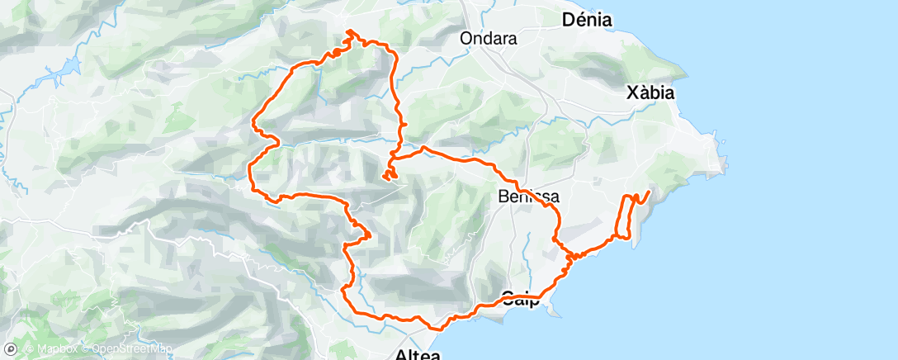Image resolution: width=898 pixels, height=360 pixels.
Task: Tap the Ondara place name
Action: [x=488, y=39]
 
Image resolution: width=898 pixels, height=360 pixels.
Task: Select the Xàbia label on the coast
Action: [x=650, y=93]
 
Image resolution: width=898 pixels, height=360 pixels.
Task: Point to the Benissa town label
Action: [x=529, y=197]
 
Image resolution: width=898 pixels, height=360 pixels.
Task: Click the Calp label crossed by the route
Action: [x=522, y=299]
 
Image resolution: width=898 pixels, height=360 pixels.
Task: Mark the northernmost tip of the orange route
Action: [x=350, y=31]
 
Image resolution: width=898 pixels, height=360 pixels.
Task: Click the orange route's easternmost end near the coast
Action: [x=649, y=192]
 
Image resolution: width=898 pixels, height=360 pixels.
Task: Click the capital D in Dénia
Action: [x=569, y=20]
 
